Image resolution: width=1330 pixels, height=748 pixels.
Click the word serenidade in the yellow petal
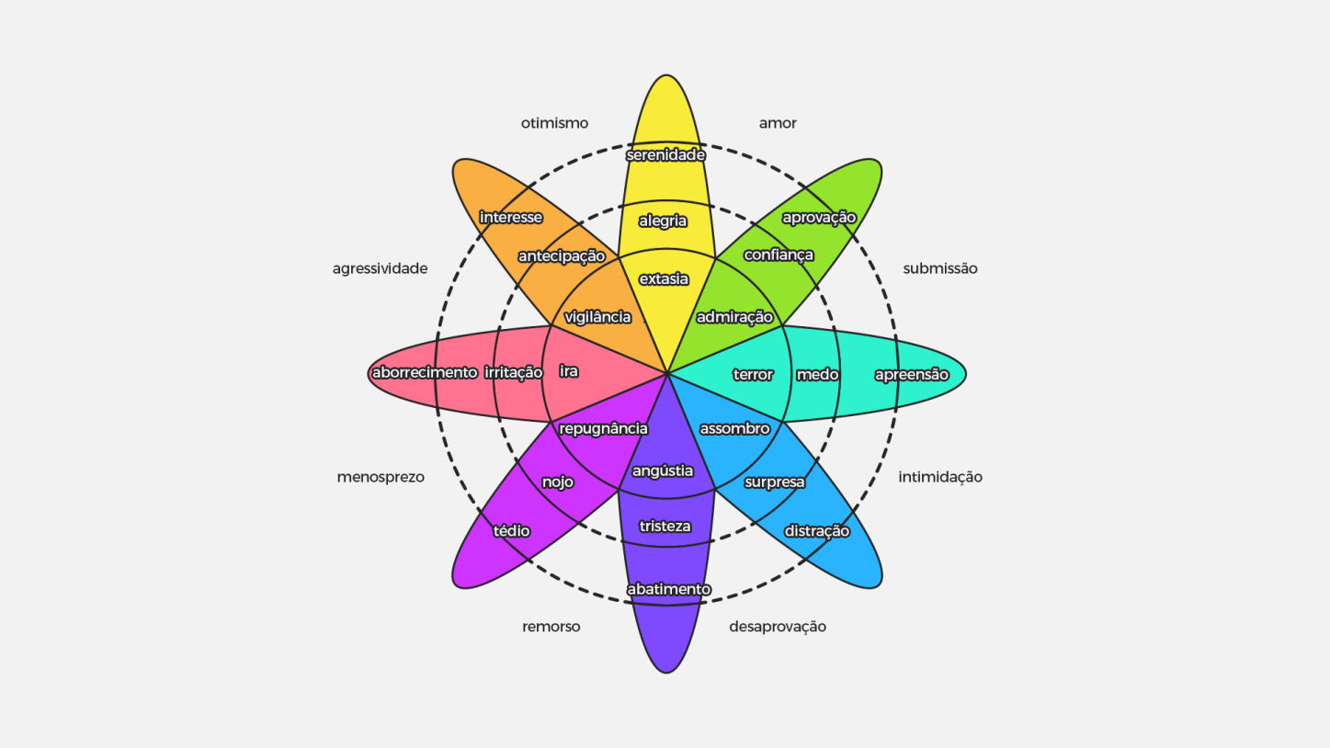coord(665,155)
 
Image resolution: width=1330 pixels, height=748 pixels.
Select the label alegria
coord(663,221)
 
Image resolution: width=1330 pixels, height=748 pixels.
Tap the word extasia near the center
coord(664,279)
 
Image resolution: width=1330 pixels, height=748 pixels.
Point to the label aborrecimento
coord(425,373)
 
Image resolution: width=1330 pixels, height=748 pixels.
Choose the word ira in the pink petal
coord(569,371)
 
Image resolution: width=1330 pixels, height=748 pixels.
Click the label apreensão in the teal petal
coord(912,375)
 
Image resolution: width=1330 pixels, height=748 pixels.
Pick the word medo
coord(818,375)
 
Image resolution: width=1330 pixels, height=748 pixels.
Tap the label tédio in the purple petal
coord(512,531)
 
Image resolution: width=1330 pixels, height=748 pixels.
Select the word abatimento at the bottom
coord(669,589)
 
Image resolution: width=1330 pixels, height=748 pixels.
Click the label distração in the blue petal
coord(817,531)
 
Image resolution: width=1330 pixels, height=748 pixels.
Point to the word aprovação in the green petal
coord(819,218)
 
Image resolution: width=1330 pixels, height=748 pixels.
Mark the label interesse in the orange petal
coord(511,217)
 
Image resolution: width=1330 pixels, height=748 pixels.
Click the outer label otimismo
coord(554,123)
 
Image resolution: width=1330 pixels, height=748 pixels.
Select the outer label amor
coord(778,123)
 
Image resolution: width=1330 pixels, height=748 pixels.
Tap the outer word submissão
coord(940,268)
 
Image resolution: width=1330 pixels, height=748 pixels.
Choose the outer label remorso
coord(551,627)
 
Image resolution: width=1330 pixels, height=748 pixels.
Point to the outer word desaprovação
coord(778,627)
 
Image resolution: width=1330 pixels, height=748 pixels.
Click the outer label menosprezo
coord(381,477)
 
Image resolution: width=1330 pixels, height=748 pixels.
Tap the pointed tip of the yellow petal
coord(666,74)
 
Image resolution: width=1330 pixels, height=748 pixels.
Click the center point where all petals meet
coord(666,374)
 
